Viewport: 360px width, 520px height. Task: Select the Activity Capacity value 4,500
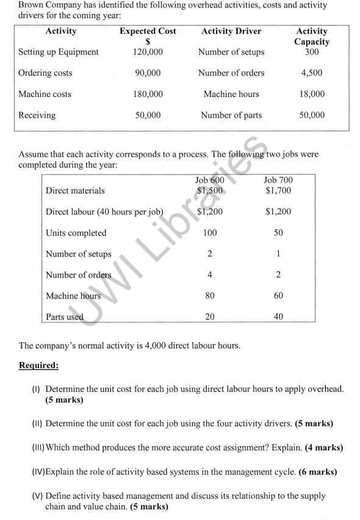[312, 73]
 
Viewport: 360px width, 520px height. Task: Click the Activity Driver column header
[231, 32]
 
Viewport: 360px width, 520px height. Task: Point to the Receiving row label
[37, 115]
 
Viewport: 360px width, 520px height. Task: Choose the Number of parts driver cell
[231, 115]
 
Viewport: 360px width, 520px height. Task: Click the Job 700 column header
[278, 181]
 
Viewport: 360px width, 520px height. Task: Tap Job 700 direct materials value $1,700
[278, 191]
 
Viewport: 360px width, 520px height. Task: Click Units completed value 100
[209, 233]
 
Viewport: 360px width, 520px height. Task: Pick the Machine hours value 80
[209, 296]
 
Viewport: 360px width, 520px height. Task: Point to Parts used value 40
[278, 317]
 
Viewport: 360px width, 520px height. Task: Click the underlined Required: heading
[39, 366]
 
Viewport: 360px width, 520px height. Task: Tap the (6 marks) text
[321, 473]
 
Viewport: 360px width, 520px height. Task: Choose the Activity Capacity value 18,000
[312, 94]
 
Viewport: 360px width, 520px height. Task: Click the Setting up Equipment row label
[59, 52]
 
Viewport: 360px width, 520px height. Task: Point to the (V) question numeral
[37, 496]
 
